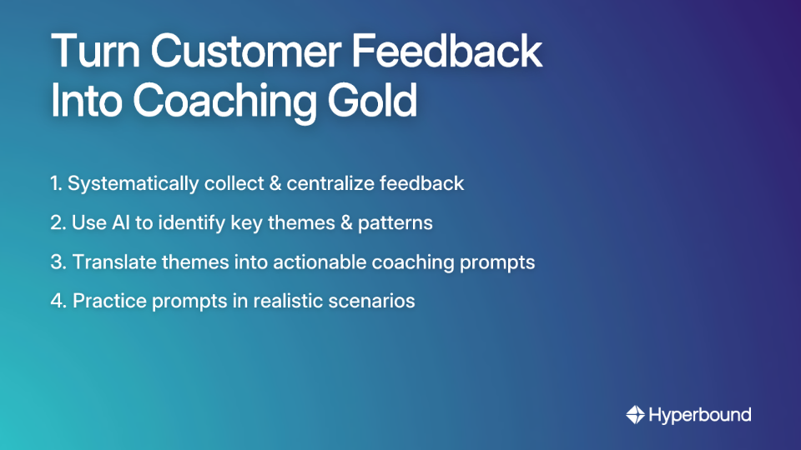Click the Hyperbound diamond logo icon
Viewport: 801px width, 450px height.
pyautogui.click(x=636, y=414)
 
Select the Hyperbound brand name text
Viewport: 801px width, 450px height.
pyautogui.click(x=700, y=414)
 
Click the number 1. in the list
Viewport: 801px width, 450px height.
pyautogui.click(x=56, y=183)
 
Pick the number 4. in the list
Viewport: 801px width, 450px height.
pyautogui.click(x=58, y=301)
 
